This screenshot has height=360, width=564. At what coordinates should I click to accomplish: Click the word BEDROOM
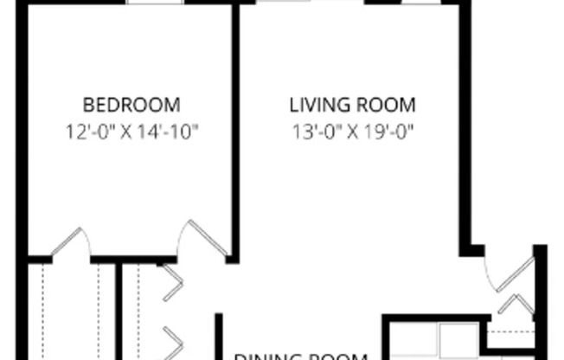pos(131,106)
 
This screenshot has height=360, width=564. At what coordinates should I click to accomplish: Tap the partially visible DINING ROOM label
pos(302,355)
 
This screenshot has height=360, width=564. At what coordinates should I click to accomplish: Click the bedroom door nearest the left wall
pos(69,242)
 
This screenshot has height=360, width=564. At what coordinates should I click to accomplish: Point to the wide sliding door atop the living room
pos(311,3)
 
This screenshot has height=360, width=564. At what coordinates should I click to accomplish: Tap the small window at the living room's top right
pos(421,3)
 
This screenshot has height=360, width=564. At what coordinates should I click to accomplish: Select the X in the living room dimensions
pos(351,132)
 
